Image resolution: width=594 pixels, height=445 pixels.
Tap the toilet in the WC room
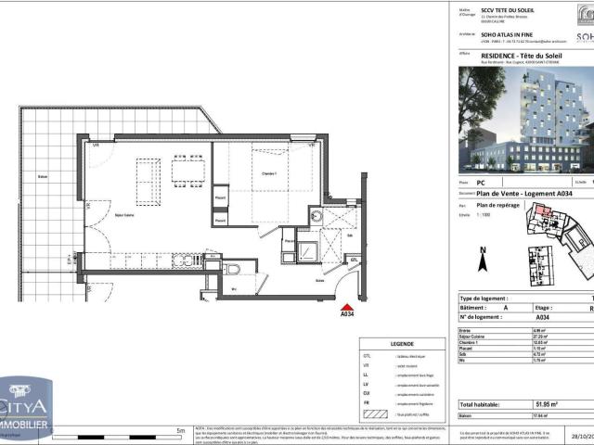[x=233, y=269]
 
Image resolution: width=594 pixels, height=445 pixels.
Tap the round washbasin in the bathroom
[x=317, y=216]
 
